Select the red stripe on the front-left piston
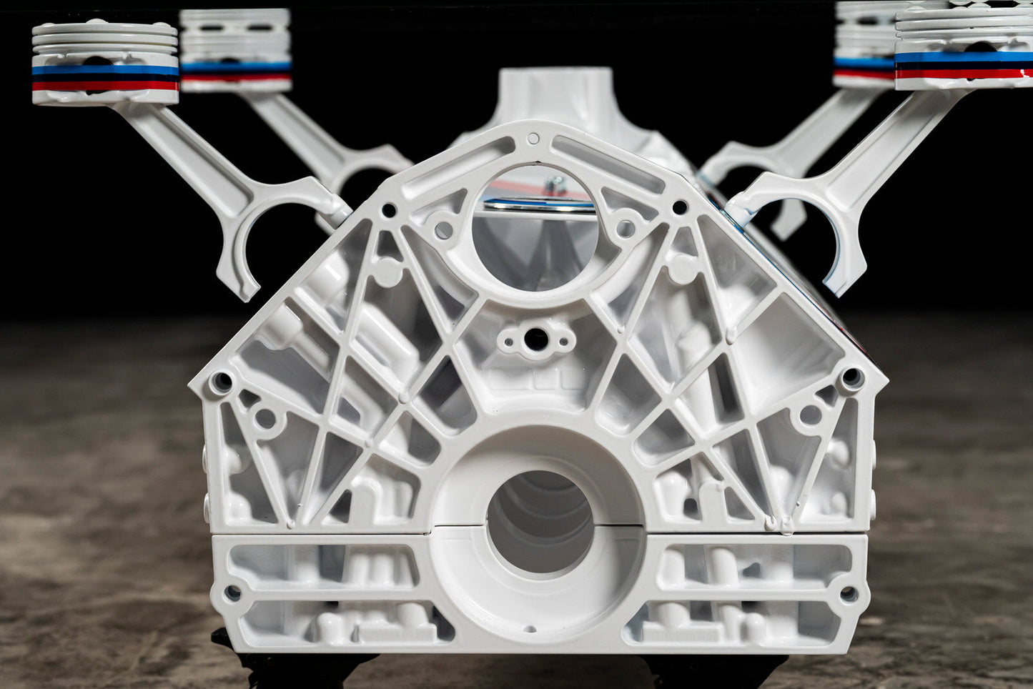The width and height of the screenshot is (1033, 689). click(105, 86)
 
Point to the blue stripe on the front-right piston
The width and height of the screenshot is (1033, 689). click(964, 56)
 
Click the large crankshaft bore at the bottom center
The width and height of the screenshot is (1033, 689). click(540, 522)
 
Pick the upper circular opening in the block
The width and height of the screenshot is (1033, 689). click(535, 229)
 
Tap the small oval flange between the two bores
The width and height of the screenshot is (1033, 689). click(536, 339)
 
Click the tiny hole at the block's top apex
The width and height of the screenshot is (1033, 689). click(533, 138)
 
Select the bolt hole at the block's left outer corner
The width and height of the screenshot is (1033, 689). click(220, 382)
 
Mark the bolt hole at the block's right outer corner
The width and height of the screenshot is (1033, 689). click(851, 377)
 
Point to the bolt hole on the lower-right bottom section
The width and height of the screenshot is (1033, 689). click(849, 593)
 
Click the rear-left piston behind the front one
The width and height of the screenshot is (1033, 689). click(236, 50)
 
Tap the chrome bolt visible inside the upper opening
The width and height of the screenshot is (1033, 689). click(554, 187)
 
